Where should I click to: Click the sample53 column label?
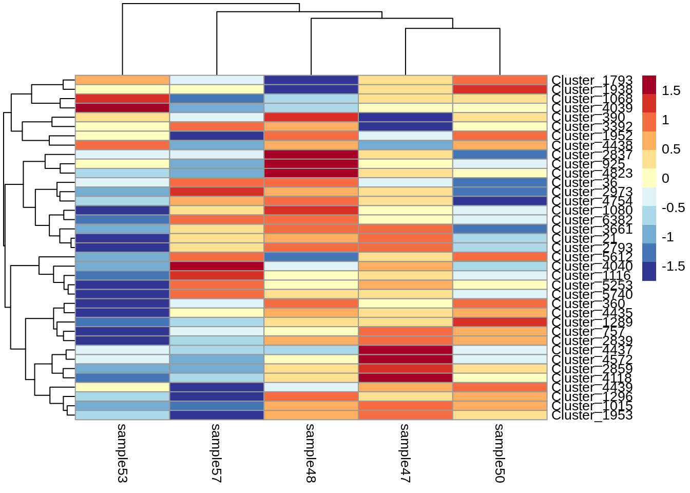point(122,453)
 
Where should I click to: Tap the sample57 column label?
point(216,453)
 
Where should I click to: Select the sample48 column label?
point(311,453)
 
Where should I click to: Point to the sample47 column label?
point(405,453)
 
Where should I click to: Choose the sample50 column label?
point(500,453)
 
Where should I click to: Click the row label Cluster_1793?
point(592,81)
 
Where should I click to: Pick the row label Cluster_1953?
point(592,415)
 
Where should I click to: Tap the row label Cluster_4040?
point(592,267)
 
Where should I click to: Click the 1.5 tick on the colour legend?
point(671,91)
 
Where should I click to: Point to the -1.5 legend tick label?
point(673,266)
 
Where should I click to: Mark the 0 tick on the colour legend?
point(665,178)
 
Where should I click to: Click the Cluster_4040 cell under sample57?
point(217,266)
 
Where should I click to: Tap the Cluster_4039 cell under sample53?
point(122,108)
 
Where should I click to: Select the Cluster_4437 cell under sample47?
point(406,350)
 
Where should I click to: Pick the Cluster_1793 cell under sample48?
point(311,80)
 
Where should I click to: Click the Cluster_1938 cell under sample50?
point(500,89)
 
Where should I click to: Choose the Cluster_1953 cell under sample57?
point(217,415)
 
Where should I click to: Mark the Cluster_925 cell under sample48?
point(311,164)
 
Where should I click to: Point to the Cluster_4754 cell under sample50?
point(500,201)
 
